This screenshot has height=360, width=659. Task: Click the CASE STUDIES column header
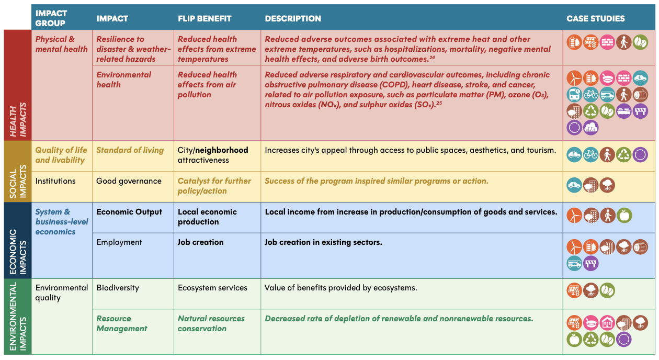click(595, 18)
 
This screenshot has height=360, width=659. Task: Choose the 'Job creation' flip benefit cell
click(200, 242)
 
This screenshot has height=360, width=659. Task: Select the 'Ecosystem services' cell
click(212, 288)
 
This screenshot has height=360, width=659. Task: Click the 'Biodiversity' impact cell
click(118, 288)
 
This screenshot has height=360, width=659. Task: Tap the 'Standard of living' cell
click(130, 150)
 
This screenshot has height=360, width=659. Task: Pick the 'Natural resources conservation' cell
click(211, 323)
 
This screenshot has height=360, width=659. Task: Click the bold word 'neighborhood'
click(222, 150)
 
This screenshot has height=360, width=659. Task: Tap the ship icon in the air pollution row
click(624, 111)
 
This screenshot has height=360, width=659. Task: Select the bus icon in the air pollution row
click(574, 95)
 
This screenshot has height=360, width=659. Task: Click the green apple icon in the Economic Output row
click(624, 215)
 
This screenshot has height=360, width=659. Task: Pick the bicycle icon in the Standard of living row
click(591, 154)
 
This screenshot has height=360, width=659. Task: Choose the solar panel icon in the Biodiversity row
click(574, 290)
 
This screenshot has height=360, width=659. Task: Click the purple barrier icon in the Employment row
click(591, 263)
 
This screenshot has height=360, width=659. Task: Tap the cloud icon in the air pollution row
click(591, 127)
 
